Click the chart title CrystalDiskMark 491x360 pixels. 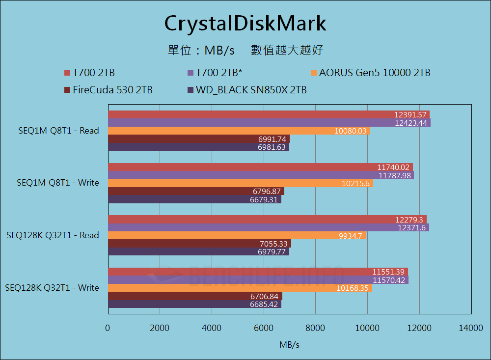[x=245, y=23]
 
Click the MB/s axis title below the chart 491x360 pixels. [x=289, y=345]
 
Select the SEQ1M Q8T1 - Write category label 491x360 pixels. [x=58, y=183]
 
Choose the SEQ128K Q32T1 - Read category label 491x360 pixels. [x=53, y=235]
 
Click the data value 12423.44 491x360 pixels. [x=411, y=123]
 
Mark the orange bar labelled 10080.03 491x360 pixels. [x=239, y=131]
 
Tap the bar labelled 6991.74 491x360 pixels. [x=198, y=139]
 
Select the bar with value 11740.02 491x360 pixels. [x=260, y=167]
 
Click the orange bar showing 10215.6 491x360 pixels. [x=240, y=183]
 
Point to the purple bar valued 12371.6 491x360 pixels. [x=268, y=227]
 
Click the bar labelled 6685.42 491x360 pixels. [x=194, y=305]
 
